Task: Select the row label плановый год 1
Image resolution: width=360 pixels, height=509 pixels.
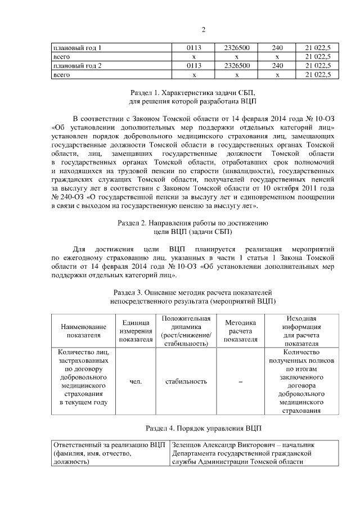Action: pos(77,48)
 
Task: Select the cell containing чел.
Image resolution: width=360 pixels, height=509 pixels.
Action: pos(135,381)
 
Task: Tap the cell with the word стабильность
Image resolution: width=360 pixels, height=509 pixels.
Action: pos(186,381)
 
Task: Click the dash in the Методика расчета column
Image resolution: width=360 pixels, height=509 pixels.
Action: pos(240,382)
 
